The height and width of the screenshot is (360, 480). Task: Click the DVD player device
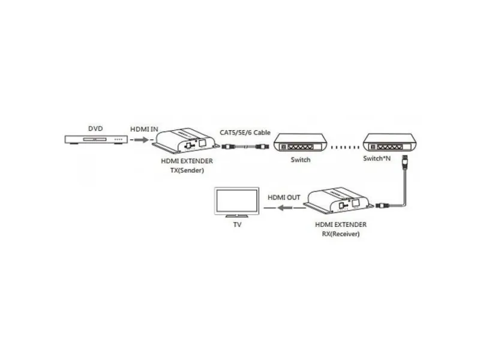(96, 140)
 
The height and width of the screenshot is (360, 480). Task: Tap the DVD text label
(95, 128)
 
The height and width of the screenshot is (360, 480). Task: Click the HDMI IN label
(144, 129)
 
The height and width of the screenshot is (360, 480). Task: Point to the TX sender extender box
(185, 140)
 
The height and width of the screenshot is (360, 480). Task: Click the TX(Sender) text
(187, 170)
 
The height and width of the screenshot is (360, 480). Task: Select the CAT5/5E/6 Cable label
(245, 133)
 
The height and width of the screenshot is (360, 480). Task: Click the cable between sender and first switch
(245, 146)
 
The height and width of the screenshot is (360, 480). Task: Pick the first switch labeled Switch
(301, 142)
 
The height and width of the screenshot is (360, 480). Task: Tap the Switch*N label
(377, 158)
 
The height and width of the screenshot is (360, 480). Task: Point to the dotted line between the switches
(345, 147)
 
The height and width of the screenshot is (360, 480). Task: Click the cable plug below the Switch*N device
(404, 161)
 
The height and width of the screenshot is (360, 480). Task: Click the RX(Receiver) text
(341, 234)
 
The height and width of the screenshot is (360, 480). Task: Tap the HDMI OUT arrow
(284, 208)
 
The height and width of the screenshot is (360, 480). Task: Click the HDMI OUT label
(284, 197)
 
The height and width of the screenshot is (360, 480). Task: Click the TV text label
(237, 224)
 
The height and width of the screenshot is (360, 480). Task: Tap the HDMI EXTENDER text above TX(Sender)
(187, 161)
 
